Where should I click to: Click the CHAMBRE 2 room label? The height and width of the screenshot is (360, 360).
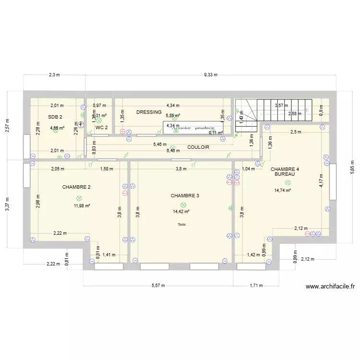tap(76, 187)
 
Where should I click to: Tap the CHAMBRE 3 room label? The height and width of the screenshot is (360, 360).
tap(185, 195)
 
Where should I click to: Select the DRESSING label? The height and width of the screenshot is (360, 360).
tap(149, 112)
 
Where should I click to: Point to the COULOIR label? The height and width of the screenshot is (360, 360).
tap(198, 147)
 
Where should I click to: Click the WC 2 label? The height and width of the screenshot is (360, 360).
tap(101, 128)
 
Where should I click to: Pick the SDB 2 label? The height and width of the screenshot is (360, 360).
tap(55, 117)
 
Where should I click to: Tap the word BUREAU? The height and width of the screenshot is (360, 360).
tap(284, 174)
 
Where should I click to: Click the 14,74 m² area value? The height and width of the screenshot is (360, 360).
tap(283, 190)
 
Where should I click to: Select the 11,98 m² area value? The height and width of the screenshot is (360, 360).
tap(82, 205)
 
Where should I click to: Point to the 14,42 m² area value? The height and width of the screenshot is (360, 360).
tap(181, 211)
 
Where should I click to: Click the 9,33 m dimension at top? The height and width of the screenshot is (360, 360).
tap(211, 75)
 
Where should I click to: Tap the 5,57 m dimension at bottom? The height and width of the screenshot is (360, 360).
tap(158, 285)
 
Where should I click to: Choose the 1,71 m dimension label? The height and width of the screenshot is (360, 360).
tap(256, 285)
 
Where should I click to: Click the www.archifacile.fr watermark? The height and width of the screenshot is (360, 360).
tap(330, 287)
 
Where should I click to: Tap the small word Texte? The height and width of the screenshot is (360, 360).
tap(181, 225)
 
